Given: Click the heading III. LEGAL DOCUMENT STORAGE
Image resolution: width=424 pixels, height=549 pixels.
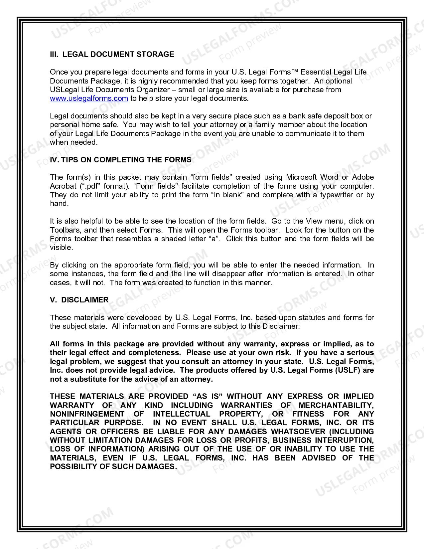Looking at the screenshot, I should click(112, 54).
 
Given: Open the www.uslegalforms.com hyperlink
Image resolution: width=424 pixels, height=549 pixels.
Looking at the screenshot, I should click(89, 98).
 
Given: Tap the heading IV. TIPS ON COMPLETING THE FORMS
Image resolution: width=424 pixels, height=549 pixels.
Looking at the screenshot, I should click(120, 160).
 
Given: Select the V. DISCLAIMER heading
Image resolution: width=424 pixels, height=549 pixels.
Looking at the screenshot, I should click(79, 300).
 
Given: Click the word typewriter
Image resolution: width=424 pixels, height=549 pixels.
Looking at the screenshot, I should click(337, 195).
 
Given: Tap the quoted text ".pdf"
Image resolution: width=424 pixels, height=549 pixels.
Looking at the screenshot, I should click(89, 186).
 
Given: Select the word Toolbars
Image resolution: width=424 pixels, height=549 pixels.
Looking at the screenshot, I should click(65, 230).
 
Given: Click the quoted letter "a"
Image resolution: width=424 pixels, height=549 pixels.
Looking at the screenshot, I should click(214, 239).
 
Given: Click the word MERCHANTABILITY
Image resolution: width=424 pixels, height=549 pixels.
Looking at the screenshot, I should click(336, 405).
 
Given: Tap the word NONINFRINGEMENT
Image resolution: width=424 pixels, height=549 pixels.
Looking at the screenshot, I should click(87, 414).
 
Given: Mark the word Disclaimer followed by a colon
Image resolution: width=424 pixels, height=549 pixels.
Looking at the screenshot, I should click(281, 326).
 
